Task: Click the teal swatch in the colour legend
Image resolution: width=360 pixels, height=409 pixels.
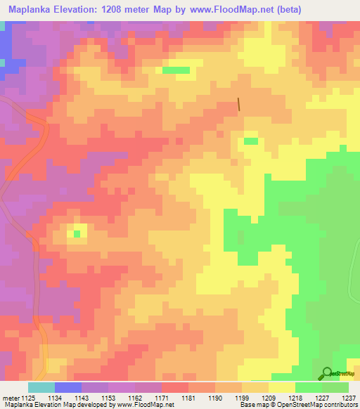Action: [x=41, y=387]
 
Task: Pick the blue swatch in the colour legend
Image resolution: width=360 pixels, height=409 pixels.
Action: [x=68, y=387]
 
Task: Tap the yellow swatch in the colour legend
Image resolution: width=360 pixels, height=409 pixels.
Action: [x=282, y=387]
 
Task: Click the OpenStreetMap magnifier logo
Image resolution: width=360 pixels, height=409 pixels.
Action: [x=326, y=373]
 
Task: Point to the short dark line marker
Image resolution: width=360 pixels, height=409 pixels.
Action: [x=239, y=104]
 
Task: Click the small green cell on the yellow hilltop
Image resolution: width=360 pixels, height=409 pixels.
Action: [x=77, y=233]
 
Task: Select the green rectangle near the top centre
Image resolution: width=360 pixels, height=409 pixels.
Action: [x=176, y=70]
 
